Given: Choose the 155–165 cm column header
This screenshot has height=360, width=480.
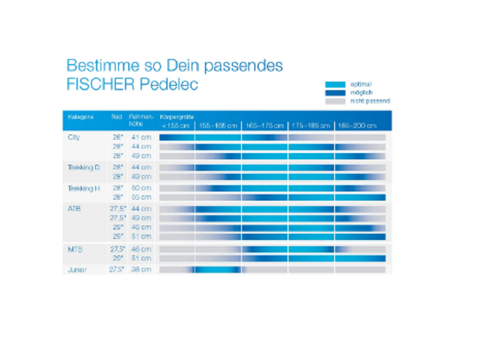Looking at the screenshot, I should click(x=218, y=126).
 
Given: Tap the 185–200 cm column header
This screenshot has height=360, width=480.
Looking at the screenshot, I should click(x=358, y=126).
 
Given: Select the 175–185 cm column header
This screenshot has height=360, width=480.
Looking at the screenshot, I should click(x=311, y=126).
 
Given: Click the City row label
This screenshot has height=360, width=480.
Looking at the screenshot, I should click(x=74, y=137).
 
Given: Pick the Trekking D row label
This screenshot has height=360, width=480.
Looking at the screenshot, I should click(x=84, y=167).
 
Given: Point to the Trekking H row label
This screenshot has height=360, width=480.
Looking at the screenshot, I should click(x=84, y=188).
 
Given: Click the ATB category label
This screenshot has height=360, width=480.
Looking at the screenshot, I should click(x=75, y=209).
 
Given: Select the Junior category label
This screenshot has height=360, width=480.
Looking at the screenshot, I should click(x=77, y=270).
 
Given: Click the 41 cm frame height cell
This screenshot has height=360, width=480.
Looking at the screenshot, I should click(x=141, y=137).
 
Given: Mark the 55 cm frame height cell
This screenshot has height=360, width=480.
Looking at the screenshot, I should click(x=141, y=197).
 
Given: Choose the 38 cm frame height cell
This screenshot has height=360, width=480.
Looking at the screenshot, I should click(x=141, y=270).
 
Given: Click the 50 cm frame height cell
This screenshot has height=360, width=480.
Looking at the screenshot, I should click(x=141, y=188).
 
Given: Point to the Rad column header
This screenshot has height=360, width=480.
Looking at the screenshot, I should click(x=117, y=117).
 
